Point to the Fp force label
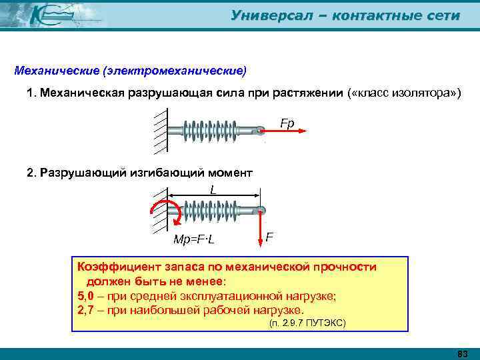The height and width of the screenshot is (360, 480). tap(287, 123)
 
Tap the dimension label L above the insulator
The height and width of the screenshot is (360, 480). tap(213, 190)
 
